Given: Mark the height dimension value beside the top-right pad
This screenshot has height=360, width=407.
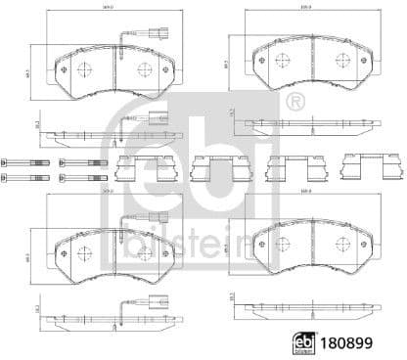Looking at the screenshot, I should click(227, 65).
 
